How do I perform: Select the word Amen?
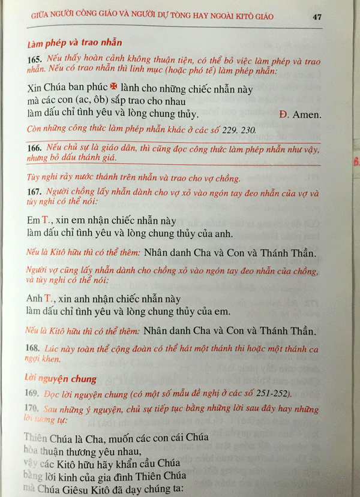point(304,113)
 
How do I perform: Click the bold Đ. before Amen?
point(284,113)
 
